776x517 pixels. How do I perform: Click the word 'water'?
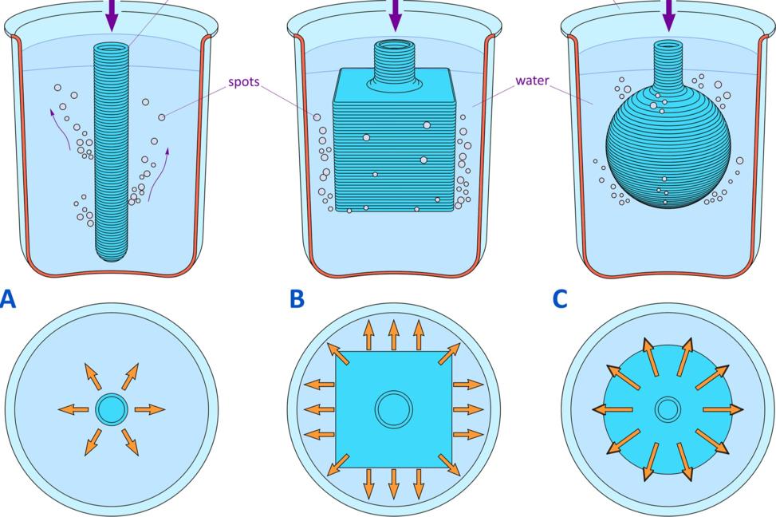coord(531,81)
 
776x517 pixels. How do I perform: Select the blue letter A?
coord(7,299)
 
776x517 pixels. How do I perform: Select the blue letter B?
coord(297,299)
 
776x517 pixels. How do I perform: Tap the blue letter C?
coord(560,299)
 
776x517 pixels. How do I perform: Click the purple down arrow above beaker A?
coord(111,15)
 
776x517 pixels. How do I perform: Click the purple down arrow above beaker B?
coord(395,13)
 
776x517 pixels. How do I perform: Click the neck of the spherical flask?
coord(668,61)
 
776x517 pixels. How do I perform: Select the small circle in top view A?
coord(111,409)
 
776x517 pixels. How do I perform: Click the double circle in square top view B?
coord(394,409)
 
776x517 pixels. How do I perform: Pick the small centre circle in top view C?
coord(668,409)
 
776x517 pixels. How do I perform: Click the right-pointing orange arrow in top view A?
coord(149,409)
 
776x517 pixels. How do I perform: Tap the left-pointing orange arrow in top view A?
coord(73,409)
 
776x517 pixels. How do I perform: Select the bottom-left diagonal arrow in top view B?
coord(337,464)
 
